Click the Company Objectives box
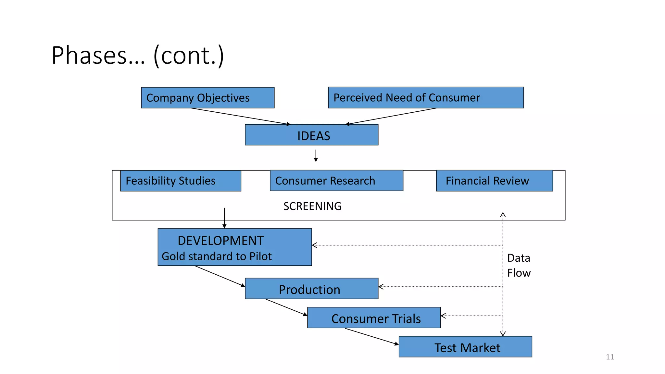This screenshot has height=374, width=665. point(207,98)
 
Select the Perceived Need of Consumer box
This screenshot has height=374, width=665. point(426,97)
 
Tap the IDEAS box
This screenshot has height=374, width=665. point(311,135)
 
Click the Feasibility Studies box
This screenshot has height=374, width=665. point(181,181)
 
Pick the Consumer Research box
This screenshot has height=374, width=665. point(336,181)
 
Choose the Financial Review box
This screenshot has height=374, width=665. point(494,181)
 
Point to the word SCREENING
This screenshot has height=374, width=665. point(312,206)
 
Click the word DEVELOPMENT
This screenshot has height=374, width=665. point(220,241)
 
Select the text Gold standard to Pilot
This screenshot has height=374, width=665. point(217,256)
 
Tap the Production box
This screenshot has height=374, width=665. point(311,289)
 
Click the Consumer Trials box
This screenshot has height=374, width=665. point(374,318)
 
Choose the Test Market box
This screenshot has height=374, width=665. point(465,347)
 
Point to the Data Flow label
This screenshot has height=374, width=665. point(519,265)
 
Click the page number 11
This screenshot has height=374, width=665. point(610,357)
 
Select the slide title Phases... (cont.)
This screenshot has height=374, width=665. point(138,56)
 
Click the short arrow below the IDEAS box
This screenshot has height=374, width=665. point(316,156)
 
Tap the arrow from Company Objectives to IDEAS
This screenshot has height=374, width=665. point(240,116)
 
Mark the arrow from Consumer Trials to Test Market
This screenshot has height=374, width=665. point(371,336)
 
